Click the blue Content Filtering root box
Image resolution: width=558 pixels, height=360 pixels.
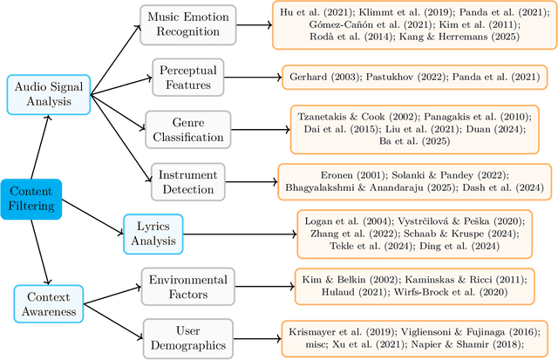[x=31, y=200]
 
